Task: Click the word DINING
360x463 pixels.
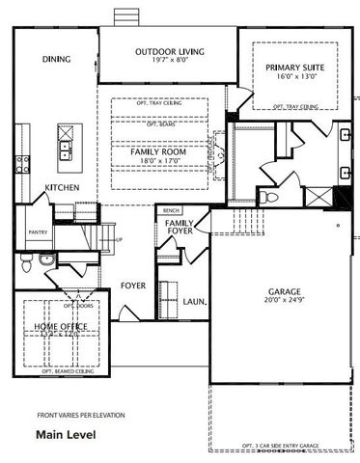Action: (x=57, y=60)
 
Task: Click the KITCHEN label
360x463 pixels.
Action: (x=62, y=187)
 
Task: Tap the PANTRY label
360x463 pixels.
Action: (x=38, y=232)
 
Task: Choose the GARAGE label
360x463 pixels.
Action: (x=285, y=292)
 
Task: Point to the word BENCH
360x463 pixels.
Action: (x=172, y=210)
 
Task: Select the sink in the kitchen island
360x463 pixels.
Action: (x=65, y=149)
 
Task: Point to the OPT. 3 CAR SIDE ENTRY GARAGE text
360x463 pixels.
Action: (x=281, y=446)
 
